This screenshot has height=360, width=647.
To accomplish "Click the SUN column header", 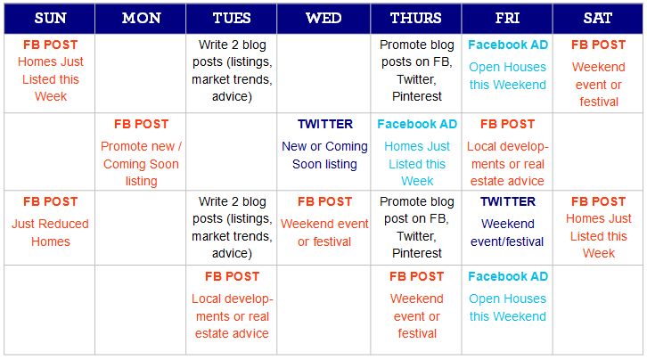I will (49, 18).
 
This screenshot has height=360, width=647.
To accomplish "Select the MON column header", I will (141, 18).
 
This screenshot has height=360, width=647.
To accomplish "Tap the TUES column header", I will (232, 18).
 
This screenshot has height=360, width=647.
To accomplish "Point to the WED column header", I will (323, 18).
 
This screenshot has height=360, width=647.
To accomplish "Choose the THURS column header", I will (415, 18).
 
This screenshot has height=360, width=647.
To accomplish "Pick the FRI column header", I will (507, 18).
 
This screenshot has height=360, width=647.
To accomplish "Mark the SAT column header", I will (598, 18).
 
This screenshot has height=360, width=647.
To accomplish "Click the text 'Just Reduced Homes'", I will (49, 233).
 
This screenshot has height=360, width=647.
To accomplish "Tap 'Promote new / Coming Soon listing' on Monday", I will (141, 164).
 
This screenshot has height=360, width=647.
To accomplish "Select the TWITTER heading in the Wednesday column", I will (323, 125).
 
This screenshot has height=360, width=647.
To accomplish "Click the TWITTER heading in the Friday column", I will (507, 202).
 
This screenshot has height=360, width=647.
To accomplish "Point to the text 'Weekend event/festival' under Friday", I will (507, 233).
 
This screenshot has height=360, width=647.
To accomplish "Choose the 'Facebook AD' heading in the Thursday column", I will (416, 125).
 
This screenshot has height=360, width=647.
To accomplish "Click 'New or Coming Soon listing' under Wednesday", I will (323, 155).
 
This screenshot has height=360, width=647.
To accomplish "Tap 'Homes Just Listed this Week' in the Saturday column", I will (598, 236).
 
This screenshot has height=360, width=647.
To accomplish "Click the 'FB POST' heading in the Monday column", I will (141, 125).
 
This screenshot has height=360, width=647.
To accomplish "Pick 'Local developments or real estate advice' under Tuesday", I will (232, 316).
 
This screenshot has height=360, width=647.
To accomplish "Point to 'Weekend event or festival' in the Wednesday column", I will (323, 233).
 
